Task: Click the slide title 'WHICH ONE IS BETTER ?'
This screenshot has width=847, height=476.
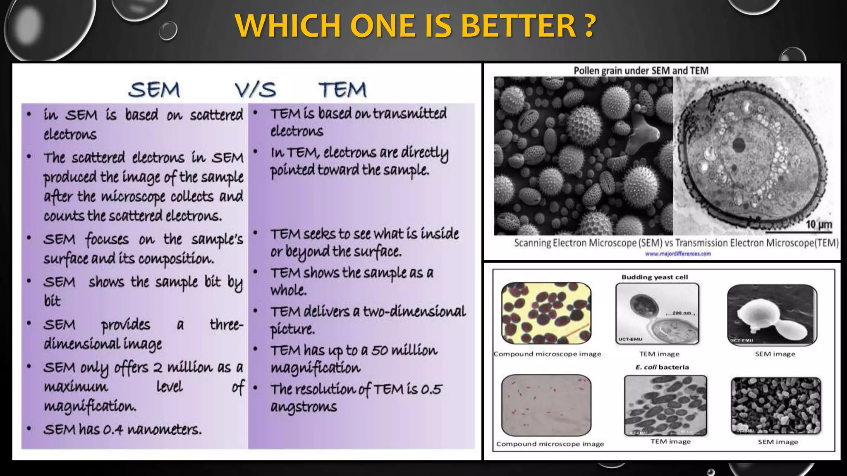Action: (x=415, y=26)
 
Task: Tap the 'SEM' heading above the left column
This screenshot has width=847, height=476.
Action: (x=154, y=90)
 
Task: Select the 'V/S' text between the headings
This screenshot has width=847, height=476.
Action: (x=255, y=90)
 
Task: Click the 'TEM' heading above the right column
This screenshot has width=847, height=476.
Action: (x=342, y=90)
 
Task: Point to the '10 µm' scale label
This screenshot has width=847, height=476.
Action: (x=818, y=225)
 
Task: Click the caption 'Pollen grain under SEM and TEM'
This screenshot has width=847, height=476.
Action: (x=641, y=71)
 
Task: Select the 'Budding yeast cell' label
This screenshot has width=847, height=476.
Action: (x=654, y=277)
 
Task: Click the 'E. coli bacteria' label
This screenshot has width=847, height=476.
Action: (x=662, y=367)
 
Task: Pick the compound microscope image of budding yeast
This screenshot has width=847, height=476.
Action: (x=546, y=313)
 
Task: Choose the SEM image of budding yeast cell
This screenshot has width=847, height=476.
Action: (x=772, y=315)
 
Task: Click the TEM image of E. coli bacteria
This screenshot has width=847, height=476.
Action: (x=665, y=405)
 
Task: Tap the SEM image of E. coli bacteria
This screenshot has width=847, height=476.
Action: (x=775, y=405)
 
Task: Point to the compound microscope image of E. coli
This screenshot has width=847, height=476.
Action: (x=546, y=405)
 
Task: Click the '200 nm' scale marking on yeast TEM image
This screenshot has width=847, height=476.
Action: (x=682, y=313)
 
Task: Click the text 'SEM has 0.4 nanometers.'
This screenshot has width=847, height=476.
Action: (x=122, y=430)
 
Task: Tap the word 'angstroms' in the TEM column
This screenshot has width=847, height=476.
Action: (x=304, y=407)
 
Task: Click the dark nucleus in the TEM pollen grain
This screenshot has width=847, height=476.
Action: (x=738, y=145)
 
